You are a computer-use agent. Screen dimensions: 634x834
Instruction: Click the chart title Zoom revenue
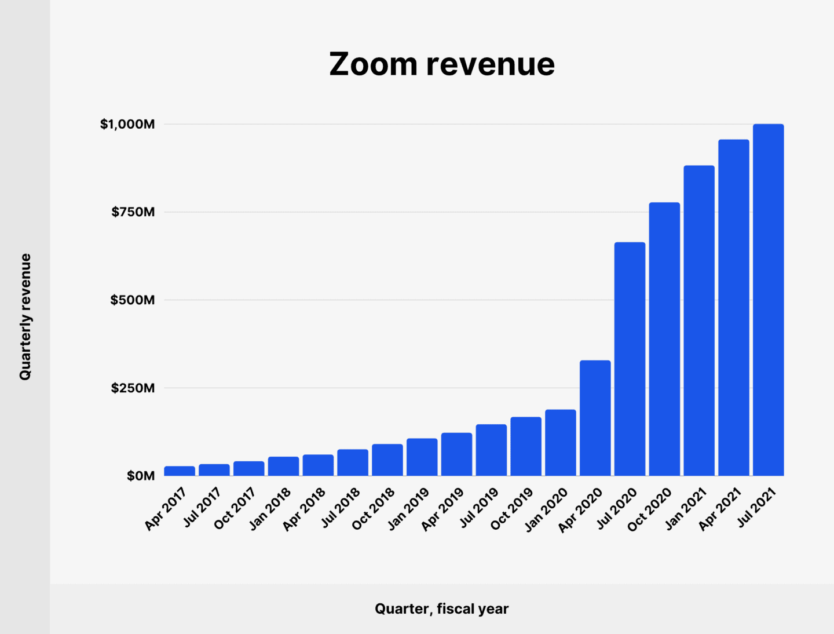tap(442, 64)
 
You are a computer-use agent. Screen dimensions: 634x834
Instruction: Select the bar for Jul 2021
tap(768, 300)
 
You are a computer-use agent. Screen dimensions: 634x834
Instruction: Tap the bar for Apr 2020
tap(595, 418)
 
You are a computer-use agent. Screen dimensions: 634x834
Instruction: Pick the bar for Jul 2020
tap(630, 359)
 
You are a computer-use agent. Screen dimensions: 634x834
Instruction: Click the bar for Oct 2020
tap(664, 339)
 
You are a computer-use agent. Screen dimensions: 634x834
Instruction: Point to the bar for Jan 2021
tap(698, 320)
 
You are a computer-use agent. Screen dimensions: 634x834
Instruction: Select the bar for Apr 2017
tap(180, 471)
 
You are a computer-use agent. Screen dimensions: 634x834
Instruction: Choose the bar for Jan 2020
tap(560, 443)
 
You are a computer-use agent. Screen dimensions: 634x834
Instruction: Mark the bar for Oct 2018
tap(387, 460)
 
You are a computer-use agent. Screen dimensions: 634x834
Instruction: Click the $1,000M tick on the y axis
tap(127, 124)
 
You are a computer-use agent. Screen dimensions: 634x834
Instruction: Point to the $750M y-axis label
tap(133, 212)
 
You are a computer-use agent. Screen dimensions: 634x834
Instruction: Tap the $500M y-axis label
tap(133, 300)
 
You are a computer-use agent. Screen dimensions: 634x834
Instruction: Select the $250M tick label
tap(133, 388)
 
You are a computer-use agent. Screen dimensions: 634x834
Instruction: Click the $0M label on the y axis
tap(141, 476)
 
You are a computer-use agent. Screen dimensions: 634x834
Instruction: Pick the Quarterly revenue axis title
tap(25, 316)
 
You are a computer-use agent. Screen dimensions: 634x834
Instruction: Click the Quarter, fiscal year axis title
tap(441, 609)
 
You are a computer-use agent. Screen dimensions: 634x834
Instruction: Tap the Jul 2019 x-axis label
tap(480, 508)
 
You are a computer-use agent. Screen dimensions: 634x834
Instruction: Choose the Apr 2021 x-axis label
tap(720, 509)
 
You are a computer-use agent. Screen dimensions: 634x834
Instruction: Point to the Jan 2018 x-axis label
tap(270, 509)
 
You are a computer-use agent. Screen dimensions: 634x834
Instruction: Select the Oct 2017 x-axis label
tap(235, 509)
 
